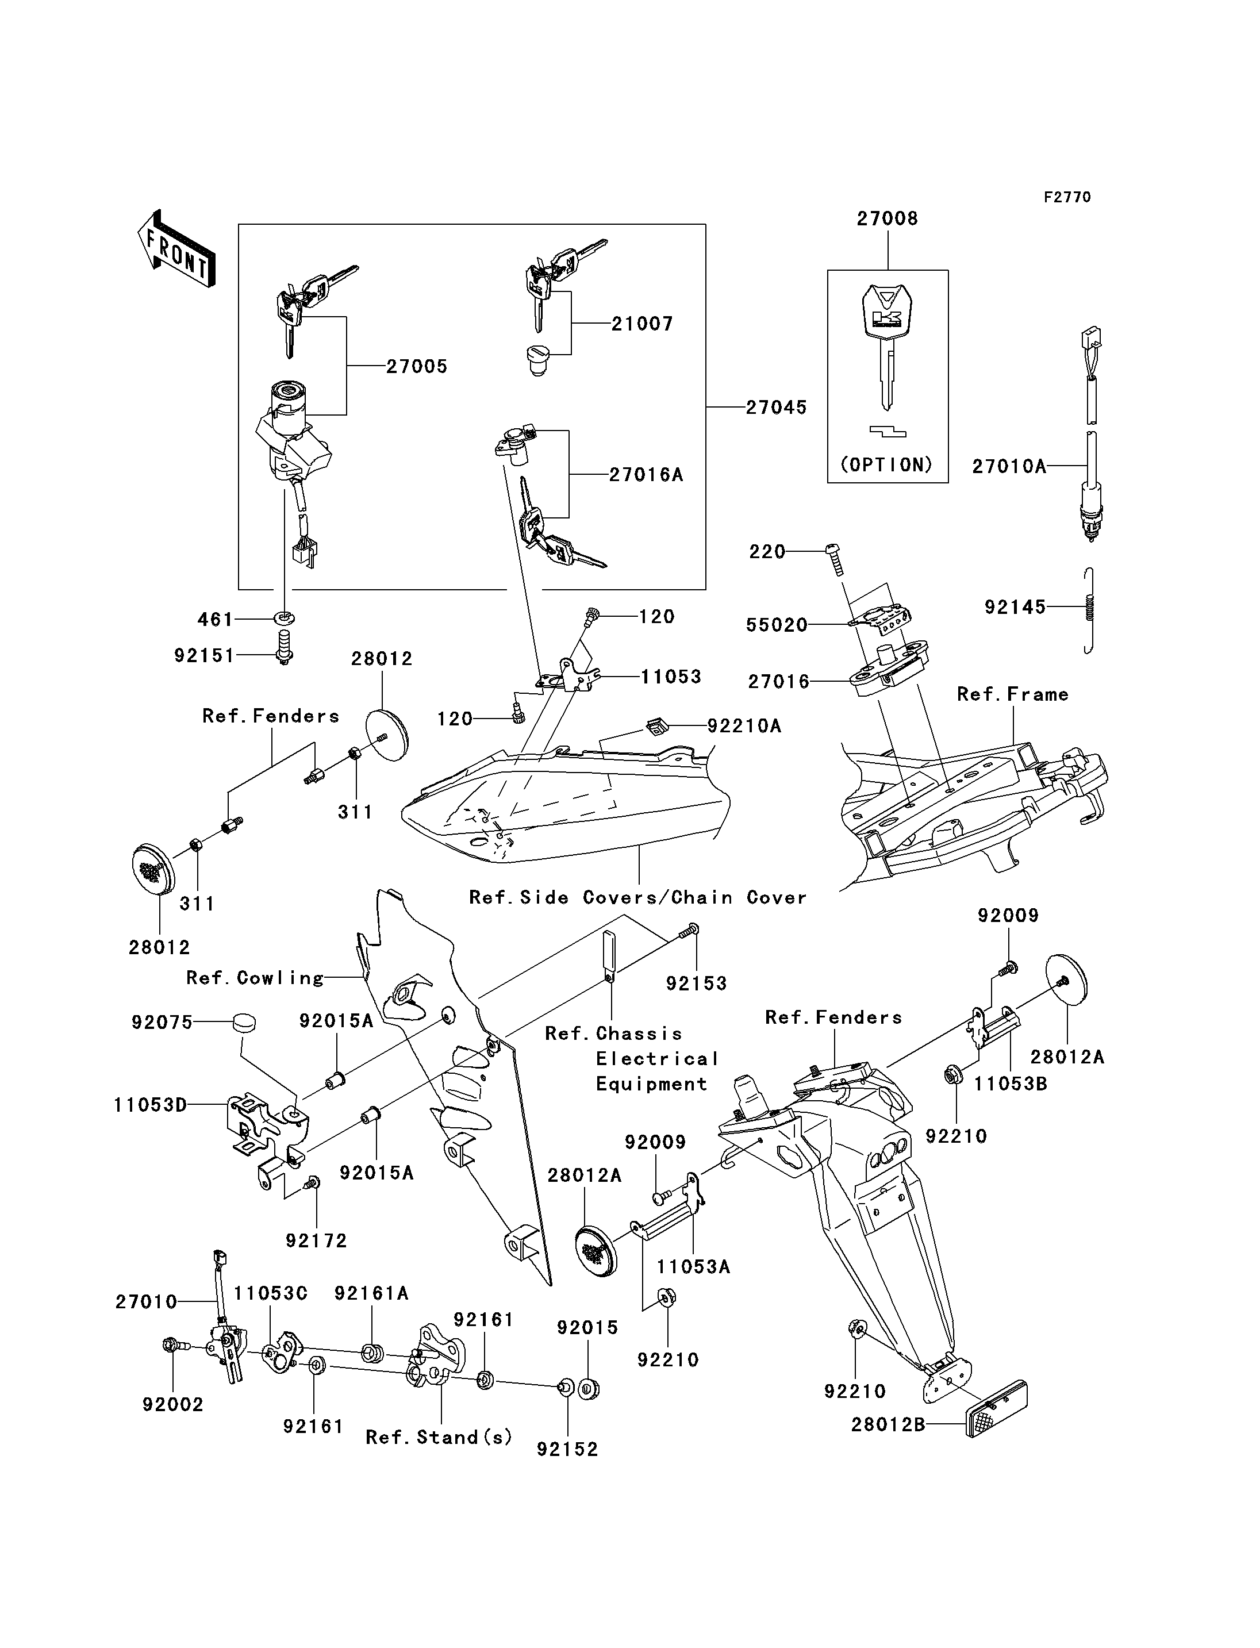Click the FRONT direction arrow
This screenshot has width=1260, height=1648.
[176, 250]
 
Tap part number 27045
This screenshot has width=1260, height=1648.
[775, 408]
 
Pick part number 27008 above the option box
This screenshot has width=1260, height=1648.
[888, 218]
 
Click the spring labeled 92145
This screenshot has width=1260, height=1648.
[1089, 610]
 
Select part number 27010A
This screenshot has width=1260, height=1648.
[1008, 467]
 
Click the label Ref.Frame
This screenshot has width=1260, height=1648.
[1012, 694]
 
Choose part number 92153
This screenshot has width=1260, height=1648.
[697, 984]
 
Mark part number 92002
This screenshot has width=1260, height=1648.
[173, 1405]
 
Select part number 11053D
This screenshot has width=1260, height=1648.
[150, 1105]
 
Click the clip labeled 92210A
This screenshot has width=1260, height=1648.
[656, 727]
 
